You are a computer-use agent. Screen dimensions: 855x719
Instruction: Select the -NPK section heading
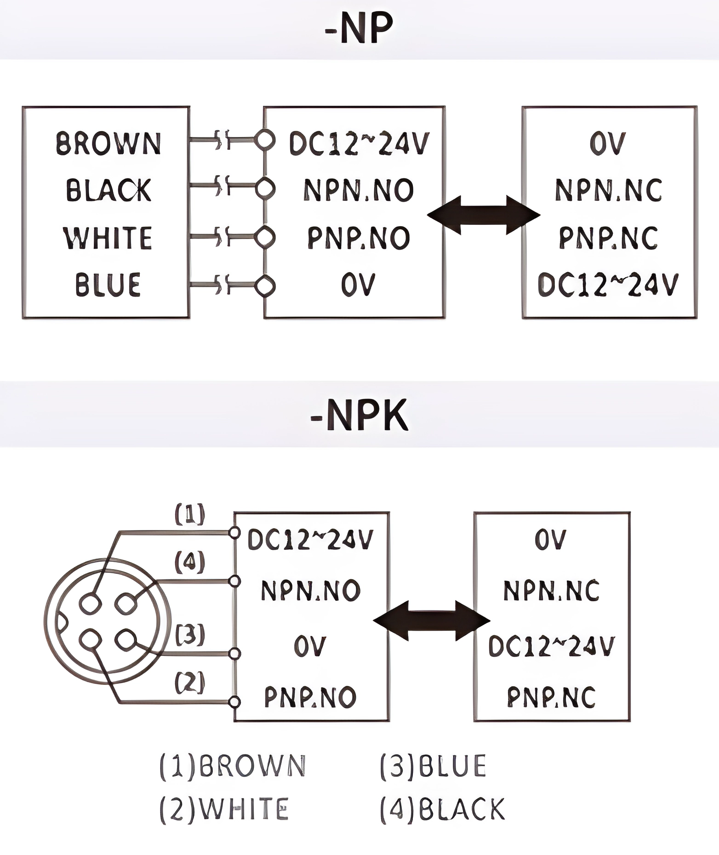point(359,415)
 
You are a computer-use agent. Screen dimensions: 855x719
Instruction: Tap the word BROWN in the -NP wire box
point(108,143)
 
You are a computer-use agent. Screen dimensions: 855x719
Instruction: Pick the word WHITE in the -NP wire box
point(108,238)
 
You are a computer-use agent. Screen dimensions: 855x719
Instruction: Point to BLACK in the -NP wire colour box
point(108,190)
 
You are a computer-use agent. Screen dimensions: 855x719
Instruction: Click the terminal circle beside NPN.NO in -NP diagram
point(265,188)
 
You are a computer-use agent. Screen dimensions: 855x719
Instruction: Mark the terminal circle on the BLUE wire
point(265,285)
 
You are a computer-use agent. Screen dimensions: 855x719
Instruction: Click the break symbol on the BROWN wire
point(222,139)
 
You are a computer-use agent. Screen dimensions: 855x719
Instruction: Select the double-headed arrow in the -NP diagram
point(484,215)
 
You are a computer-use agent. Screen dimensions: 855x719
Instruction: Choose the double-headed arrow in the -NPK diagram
point(432,621)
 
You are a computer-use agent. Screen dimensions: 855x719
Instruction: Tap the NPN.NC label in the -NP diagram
point(609,190)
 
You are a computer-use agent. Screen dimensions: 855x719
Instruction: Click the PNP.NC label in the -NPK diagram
point(552,697)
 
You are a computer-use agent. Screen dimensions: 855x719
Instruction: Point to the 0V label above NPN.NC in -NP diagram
point(608,143)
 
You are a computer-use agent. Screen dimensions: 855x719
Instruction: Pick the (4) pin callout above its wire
point(190,562)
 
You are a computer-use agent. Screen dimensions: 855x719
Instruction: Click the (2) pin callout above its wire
point(190,682)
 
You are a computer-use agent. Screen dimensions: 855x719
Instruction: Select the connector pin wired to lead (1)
point(90,603)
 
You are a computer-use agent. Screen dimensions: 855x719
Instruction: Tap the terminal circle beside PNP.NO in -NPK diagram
point(234,702)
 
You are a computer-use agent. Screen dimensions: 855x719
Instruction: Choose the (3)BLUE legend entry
point(433,766)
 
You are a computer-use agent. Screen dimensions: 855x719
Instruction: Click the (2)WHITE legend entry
point(224,809)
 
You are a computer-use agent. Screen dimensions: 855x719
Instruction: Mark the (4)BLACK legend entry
point(443,809)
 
